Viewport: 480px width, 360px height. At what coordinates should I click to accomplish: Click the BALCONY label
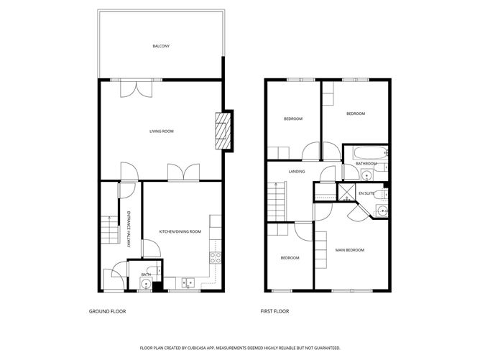click(x=161, y=47)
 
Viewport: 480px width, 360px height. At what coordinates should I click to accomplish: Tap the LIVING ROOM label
click(x=162, y=131)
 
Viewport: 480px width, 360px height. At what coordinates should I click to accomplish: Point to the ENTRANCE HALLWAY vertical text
click(x=129, y=229)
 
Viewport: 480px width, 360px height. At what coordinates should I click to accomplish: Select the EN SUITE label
click(x=366, y=193)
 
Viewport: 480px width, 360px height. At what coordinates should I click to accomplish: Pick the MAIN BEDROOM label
click(x=350, y=250)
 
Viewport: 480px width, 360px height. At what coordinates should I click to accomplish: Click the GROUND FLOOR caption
click(x=105, y=312)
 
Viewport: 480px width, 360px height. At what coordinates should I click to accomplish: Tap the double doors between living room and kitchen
click(x=183, y=172)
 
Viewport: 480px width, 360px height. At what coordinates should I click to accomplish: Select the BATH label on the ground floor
click(x=146, y=274)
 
